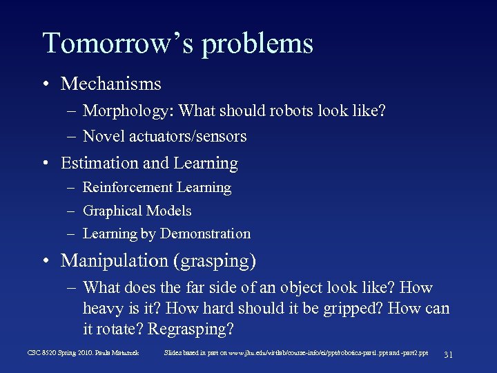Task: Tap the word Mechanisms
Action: (x=111, y=84)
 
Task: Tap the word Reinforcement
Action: (x=128, y=187)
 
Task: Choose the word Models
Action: (x=170, y=211)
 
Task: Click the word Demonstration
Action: (x=205, y=234)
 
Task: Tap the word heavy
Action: (x=104, y=308)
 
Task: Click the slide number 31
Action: (x=448, y=354)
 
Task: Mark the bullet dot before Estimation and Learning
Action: (x=45, y=164)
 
